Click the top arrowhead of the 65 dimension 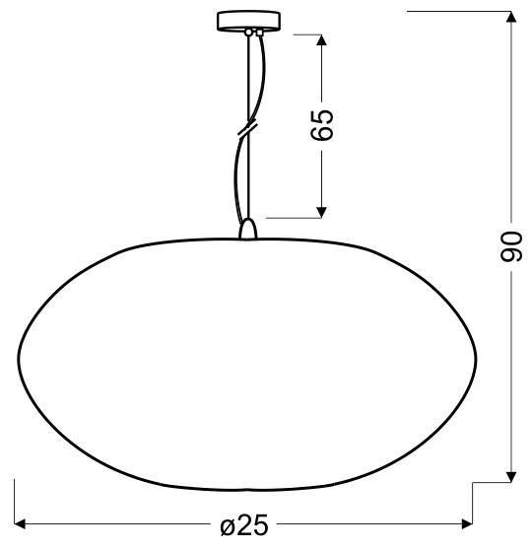(322, 40)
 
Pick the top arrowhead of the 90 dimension (511, 17)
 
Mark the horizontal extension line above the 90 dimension (458, 11)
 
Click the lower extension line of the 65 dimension (296, 216)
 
